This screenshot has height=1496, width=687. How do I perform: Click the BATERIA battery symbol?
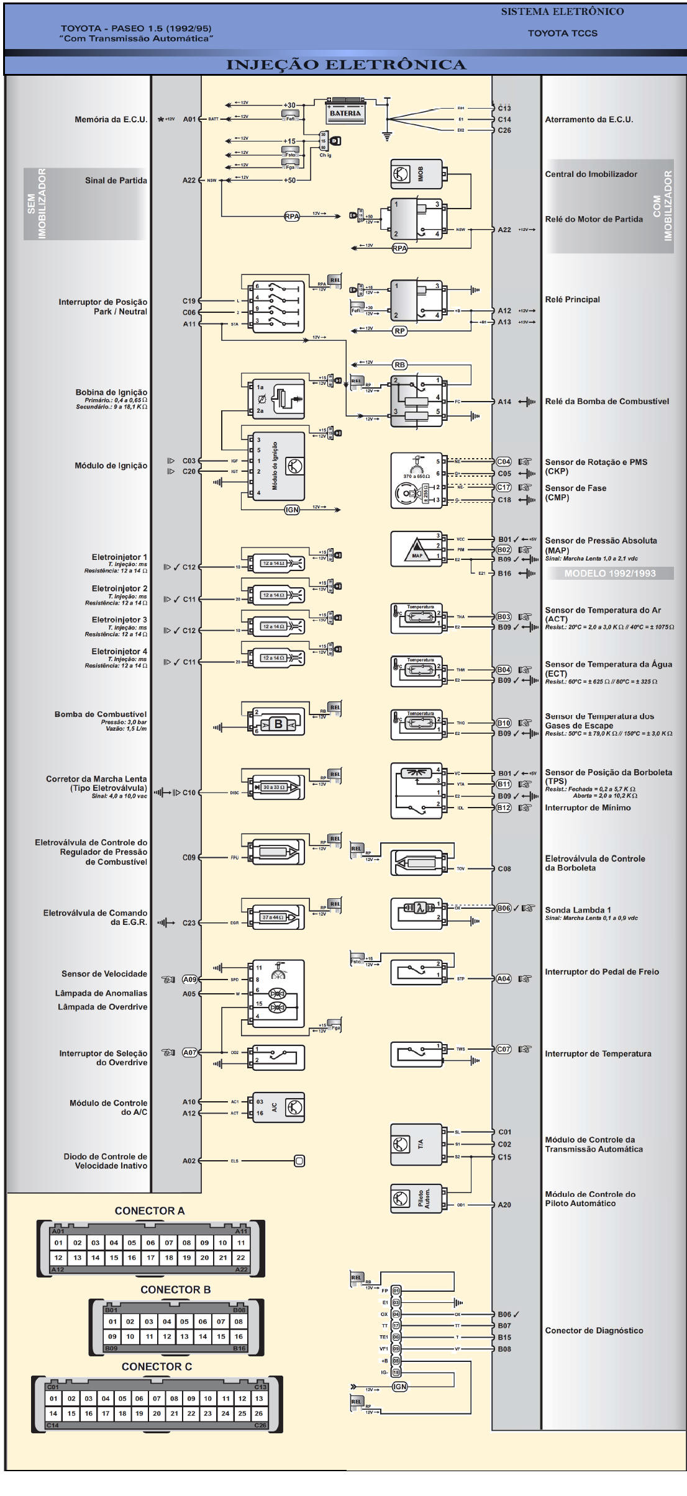click(345, 112)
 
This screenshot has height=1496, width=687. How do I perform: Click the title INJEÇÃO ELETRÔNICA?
click(346, 65)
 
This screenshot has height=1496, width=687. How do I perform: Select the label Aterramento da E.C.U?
click(589, 120)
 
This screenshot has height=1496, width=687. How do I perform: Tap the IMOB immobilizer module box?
click(417, 174)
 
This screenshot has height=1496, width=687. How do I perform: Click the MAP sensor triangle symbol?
click(417, 549)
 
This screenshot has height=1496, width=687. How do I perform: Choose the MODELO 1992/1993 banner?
click(609, 574)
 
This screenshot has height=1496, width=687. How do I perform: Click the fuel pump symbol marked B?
click(278, 724)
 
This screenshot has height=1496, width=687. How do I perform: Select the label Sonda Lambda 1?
click(578, 910)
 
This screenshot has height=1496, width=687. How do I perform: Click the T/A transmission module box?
click(417, 1144)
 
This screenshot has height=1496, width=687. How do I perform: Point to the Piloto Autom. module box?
click(417, 1199)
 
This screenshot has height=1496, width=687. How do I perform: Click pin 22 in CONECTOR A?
click(241, 1258)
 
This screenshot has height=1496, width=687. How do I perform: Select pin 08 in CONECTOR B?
click(239, 1322)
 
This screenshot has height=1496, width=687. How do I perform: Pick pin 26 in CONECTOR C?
click(259, 1413)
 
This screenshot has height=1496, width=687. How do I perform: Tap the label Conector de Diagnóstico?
click(594, 1331)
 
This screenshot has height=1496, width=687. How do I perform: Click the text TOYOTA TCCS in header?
click(562, 34)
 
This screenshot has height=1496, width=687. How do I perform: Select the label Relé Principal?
click(572, 300)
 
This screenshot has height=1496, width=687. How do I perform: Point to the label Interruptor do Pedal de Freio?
click(601, 972)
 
